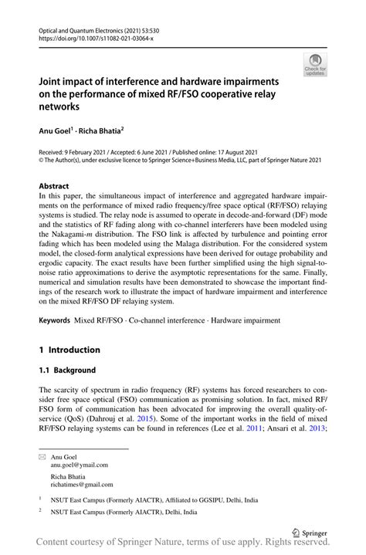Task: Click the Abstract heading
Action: [55, 186]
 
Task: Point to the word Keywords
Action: [56, 318]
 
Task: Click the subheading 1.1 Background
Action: [67, 371]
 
